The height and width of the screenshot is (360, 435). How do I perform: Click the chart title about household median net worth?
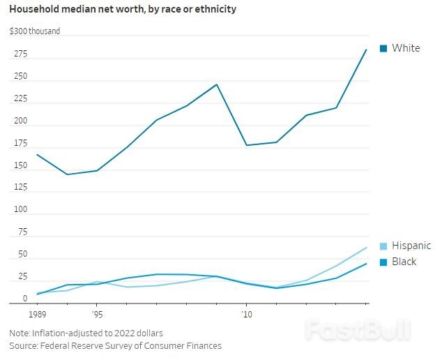[122, 9]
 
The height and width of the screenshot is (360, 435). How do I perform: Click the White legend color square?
[383, 48]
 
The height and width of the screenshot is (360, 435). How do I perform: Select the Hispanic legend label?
[411, 246]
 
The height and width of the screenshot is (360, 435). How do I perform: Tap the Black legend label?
[404, 262]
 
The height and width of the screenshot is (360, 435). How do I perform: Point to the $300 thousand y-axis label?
[35, 31]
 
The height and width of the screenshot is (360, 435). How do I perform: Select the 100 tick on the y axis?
[20, 210]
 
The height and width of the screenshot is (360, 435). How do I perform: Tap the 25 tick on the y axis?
[21, 276]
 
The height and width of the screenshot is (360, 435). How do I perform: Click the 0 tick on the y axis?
[24, 299]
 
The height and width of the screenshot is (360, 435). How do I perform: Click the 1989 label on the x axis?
[36, 315]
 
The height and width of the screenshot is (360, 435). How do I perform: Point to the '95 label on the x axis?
[98, 315]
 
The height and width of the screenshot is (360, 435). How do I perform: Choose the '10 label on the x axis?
[245, 315]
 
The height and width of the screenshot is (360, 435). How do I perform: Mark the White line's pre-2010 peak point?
[217, 84]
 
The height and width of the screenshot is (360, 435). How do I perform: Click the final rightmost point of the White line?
[367, 50]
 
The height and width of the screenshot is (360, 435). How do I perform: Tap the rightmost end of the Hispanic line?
[367, 248]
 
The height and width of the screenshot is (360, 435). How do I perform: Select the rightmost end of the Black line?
[367, 264]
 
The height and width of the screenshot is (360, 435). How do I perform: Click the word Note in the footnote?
[20, 333]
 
